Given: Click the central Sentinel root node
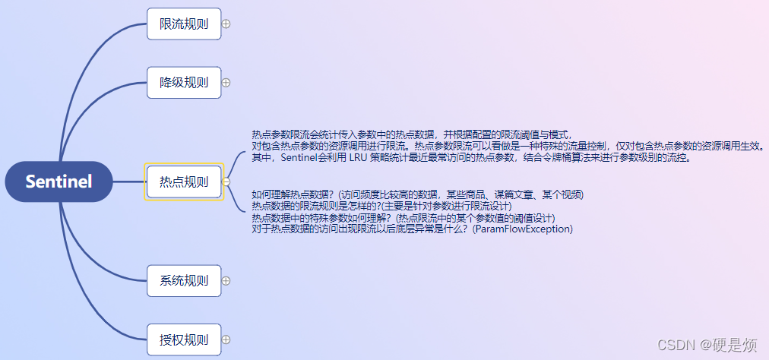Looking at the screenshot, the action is click(59, 182).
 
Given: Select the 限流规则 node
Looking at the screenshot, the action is click(183, 24).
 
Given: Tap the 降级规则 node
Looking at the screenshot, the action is click(183, 83).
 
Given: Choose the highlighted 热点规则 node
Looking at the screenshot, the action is click(183, 182).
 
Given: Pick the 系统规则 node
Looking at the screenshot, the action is click(183, 280).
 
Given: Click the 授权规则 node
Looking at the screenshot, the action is click(183, 339).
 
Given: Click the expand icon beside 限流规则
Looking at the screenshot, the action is click(226, 24).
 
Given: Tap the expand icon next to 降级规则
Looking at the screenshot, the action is click(226, 83).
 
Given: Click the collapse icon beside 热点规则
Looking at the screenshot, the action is click(226, 182).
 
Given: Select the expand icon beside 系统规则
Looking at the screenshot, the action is click(226, 280).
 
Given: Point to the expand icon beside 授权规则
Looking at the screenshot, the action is click(226, 339).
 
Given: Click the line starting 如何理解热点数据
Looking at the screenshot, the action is click(417, 194).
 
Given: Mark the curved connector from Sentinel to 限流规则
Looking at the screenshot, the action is click(90, 68).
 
